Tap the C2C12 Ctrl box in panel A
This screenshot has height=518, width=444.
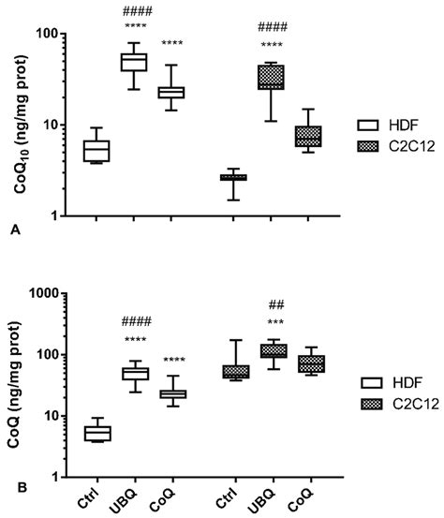point(233,177)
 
